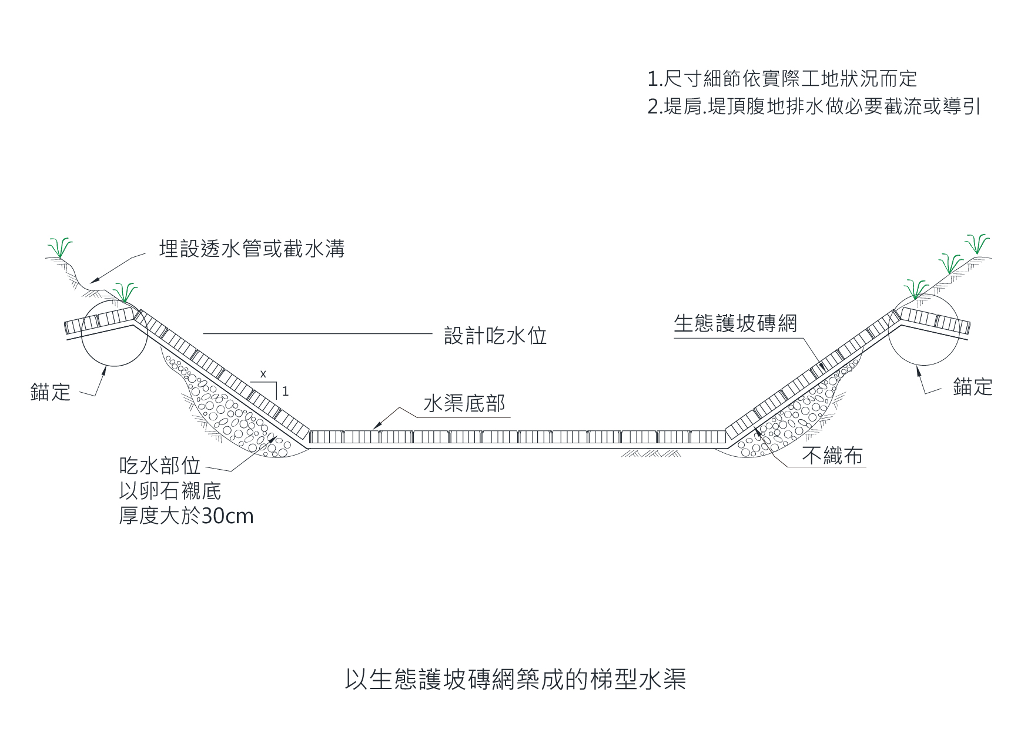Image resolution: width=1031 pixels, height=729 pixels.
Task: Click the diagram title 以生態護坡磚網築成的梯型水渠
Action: [515, 679]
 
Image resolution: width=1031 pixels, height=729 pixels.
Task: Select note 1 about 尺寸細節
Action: [782, 79]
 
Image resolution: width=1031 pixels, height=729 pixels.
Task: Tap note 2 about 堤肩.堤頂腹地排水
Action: [814, 108]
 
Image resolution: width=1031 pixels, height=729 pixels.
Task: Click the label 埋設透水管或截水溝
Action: [252, 249]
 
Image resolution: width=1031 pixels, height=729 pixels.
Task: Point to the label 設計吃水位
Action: [495, 336]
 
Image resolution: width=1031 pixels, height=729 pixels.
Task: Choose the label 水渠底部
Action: [464, 404]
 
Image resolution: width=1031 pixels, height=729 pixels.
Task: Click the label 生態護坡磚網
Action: [735, 323]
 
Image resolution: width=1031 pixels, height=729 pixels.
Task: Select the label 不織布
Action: [832, 456]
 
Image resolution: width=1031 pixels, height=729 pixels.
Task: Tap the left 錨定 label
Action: [51, 392]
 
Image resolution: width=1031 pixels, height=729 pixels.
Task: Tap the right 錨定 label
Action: [972, 387]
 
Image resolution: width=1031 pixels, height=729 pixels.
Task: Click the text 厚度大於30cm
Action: [186, 516]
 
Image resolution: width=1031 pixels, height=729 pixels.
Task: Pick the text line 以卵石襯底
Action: [170, 491]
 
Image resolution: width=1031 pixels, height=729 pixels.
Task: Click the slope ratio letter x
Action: [263, 374]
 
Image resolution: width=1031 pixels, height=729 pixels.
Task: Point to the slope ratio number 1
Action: [286, 391]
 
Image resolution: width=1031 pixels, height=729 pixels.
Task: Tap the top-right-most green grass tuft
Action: [977, 243]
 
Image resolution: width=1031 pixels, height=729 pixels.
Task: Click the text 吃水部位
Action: [160, 466]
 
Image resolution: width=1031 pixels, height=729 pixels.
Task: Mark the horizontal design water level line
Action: [317, 334]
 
